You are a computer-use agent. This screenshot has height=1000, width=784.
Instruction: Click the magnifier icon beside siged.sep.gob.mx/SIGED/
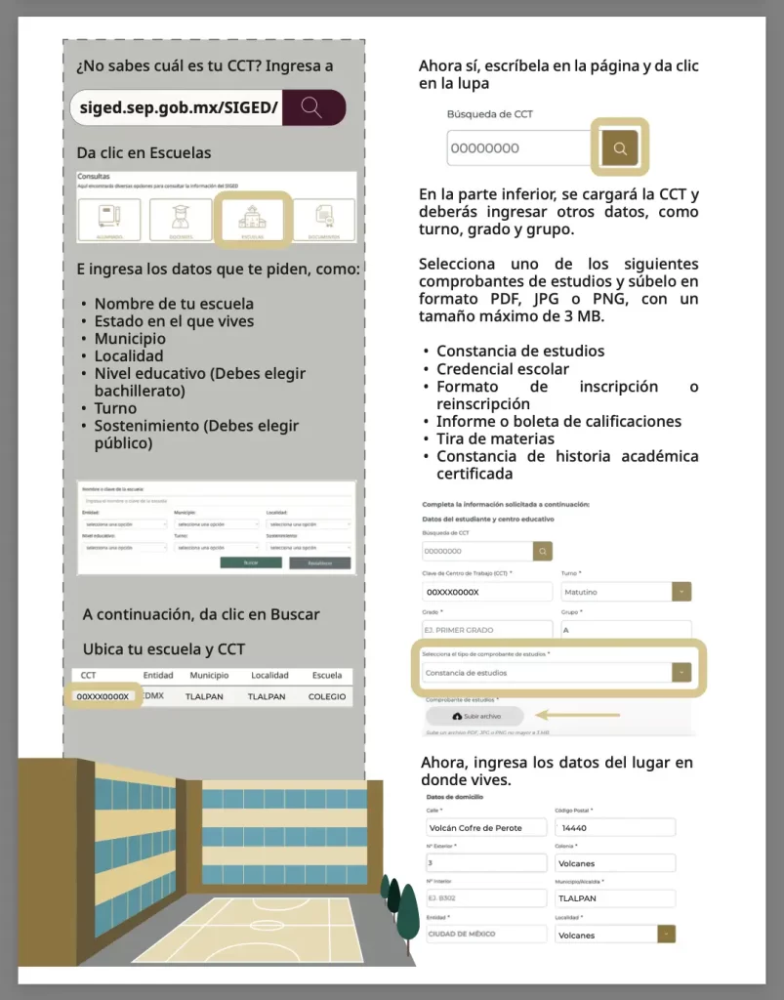312,107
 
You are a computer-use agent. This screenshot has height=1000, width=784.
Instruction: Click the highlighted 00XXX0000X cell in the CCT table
103,696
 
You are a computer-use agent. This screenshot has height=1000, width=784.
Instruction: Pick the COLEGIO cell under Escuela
327,696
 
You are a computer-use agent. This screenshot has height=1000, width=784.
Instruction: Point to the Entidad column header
158,675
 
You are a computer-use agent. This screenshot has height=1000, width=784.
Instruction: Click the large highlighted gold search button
619,147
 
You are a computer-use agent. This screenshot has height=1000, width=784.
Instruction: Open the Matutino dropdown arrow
681,592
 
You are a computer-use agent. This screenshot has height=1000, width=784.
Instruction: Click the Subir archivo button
475,716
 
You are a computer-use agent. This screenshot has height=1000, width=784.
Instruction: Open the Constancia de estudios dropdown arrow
681,673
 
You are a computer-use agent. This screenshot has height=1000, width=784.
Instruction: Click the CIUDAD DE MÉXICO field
485,934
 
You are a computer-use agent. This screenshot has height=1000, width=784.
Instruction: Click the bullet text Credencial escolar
503,369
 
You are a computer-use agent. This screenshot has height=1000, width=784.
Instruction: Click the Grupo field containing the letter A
625,630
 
